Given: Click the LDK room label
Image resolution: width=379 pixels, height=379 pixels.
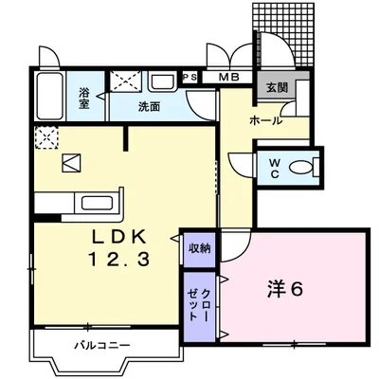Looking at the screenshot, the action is [119, 236].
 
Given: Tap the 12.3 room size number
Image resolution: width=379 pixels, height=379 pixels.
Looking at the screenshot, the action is [119, 260].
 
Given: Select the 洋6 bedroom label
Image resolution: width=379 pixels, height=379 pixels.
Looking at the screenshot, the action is [285, 288].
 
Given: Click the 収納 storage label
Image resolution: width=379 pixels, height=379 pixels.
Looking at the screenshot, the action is [200, 248].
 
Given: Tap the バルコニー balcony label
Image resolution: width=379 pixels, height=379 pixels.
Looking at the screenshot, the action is [102, 345].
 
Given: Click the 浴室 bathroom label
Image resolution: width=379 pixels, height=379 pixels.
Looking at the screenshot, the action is [84, 99].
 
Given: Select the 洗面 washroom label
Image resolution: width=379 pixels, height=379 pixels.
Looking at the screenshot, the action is [149, 107].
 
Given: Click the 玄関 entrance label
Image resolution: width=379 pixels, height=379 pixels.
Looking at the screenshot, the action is [277, 87].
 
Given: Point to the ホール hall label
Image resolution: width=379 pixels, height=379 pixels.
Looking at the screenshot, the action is [265, 120].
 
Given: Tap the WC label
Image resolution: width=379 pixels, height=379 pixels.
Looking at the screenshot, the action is [275, 169].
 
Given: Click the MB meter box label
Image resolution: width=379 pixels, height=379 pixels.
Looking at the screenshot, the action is [229, 77].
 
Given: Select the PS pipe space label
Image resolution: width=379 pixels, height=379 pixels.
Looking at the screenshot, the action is [190, 77].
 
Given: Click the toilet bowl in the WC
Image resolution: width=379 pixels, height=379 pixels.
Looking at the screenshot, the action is [302, 168].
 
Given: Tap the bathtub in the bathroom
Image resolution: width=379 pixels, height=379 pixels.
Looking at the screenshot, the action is [49, 97].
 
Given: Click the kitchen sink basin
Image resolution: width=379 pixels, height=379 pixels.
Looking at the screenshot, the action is [98, 203].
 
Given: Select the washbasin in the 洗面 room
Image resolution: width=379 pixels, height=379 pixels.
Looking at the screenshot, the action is [162, 81].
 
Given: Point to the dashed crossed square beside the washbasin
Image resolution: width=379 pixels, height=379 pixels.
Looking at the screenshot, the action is [126, 81].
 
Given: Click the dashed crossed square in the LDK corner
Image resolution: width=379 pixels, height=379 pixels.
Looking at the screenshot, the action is [46, 137].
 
